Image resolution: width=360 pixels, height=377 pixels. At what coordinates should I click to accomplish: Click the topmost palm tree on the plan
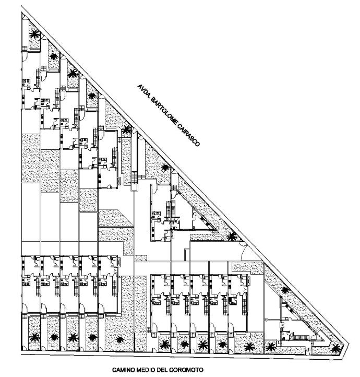click(x=35, y=34)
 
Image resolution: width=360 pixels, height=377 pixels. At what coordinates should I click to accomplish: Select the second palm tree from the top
click(x=54, y=56)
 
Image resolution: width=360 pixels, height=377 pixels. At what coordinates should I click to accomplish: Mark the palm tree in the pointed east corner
click(x=335, y=348)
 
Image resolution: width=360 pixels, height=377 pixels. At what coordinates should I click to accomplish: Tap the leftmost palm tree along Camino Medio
click(x=35, y=337)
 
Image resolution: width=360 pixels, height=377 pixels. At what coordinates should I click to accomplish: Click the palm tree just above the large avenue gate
click(x=232, y=237)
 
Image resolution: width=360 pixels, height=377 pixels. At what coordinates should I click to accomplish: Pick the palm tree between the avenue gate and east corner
click(x=285, y=290)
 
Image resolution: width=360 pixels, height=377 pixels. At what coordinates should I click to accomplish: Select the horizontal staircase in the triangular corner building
click(x=298, y=337)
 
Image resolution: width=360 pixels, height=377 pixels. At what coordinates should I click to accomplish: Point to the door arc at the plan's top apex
click(x=23, y=16)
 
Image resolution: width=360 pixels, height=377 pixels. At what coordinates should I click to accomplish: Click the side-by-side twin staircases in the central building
click(x=170, y=209)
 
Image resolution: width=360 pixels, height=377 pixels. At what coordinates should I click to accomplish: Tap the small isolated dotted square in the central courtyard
click(x=141, y=258)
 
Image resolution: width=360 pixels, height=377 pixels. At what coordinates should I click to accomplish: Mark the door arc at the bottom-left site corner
click(x=24, y=348)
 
